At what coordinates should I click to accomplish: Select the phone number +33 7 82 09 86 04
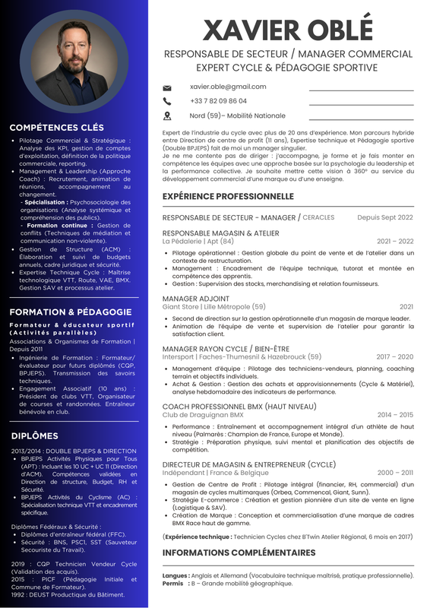tap(218, 101)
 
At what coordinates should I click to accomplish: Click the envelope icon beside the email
tap(167, 87)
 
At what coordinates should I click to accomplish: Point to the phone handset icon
tap(167, 101)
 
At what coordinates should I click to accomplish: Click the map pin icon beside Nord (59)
tap(167, 116)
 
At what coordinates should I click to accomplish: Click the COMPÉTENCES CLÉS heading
tap(57, 128)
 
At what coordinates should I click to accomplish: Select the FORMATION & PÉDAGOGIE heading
tap(71, 312)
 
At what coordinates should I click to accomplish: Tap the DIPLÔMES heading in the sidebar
tap(34, 435)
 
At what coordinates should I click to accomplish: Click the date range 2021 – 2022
tap(395, 241)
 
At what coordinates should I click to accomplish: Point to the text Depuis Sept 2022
tap(385, 217)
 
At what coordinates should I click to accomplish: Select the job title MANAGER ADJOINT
tap(195, 299)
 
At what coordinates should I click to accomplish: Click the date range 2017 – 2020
tap(394, 356)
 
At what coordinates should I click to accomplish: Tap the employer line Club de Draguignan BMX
tap(203, 415)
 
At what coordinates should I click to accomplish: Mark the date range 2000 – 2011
tap(395, 473)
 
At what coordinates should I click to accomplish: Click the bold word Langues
tap(175, 575)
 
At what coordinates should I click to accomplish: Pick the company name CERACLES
tap(318, 218)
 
